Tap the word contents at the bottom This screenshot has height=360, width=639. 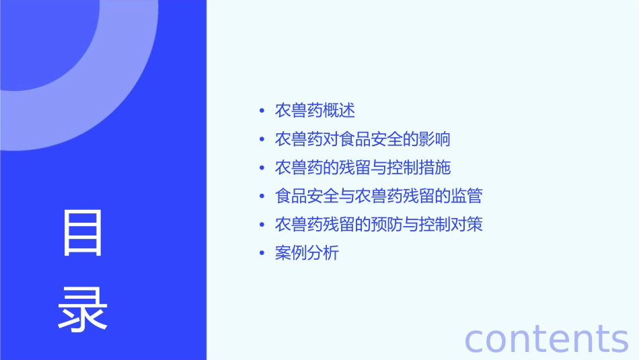pos(546,338)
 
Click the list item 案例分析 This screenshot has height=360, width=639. pos(307,253)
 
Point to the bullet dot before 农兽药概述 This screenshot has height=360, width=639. pos(262,111)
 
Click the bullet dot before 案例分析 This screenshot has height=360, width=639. pos(262,254)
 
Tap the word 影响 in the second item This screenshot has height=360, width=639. pos(434,139)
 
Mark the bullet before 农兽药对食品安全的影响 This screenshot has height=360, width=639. pos(262,139)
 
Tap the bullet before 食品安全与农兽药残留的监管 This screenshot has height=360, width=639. pos(262,196)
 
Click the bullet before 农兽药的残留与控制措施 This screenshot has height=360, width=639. pos(262,168)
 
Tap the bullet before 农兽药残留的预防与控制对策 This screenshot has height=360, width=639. pos(262,225)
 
